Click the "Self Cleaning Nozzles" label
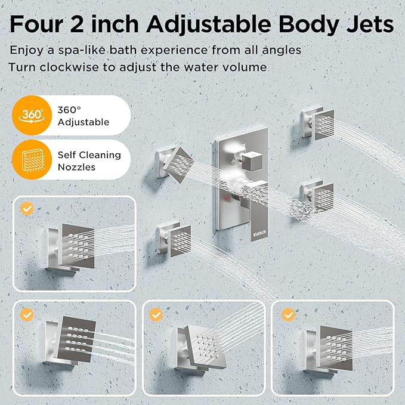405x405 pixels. coord(89,160)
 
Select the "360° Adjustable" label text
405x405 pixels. coord(83,116)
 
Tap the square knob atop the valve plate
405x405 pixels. coord(249,160)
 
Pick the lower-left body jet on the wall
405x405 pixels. coord(174,239)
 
